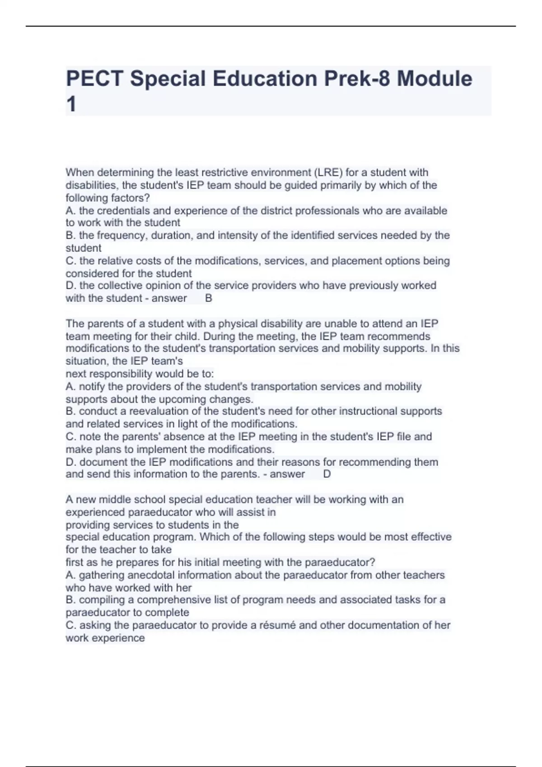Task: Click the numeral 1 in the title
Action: point(71,105)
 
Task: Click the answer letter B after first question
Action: point(209,298)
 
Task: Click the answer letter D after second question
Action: point(327,474)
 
